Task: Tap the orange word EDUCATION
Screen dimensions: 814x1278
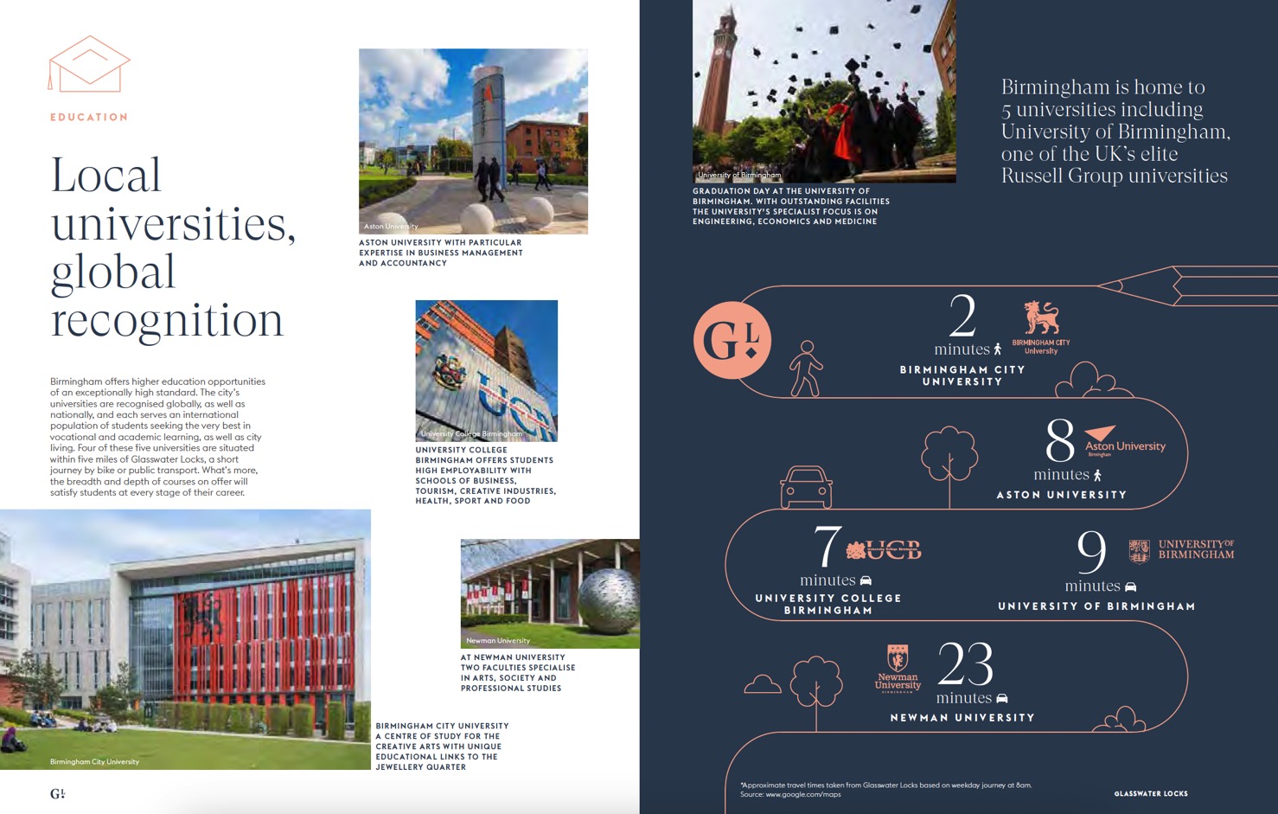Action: tap(89, 117)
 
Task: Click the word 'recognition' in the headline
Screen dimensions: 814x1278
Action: tap(167, 321)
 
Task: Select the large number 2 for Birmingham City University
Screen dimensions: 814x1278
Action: tap(962, 316)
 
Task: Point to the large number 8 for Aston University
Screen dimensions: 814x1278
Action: tap(1059, 441)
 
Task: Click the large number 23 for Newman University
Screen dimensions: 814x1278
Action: tap(965, 664)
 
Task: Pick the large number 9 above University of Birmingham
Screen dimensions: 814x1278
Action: tap(1091, 551)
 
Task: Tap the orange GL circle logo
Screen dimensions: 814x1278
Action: tap(732, 340)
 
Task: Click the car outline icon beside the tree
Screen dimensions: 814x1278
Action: tap(806, 487)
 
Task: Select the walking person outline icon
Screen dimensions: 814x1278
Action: tap(806, 369)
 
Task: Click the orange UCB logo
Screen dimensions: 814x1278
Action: tap(884, 549)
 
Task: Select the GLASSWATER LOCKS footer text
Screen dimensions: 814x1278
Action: tap(1150, 793)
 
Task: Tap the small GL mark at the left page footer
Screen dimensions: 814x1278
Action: tap(57, 793)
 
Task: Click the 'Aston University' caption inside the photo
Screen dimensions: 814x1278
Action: tap(391, 226)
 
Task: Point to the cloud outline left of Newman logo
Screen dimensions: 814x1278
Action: tap(762, 685)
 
